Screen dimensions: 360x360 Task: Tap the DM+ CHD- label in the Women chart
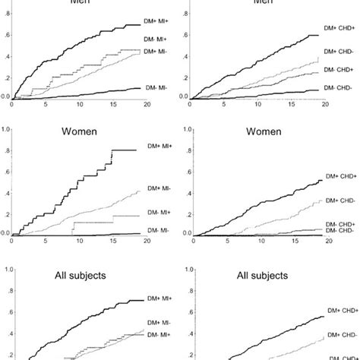click(337, 200)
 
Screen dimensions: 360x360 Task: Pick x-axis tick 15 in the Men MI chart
click(112, 104)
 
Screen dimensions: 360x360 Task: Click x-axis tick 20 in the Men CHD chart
click(325, 104)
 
